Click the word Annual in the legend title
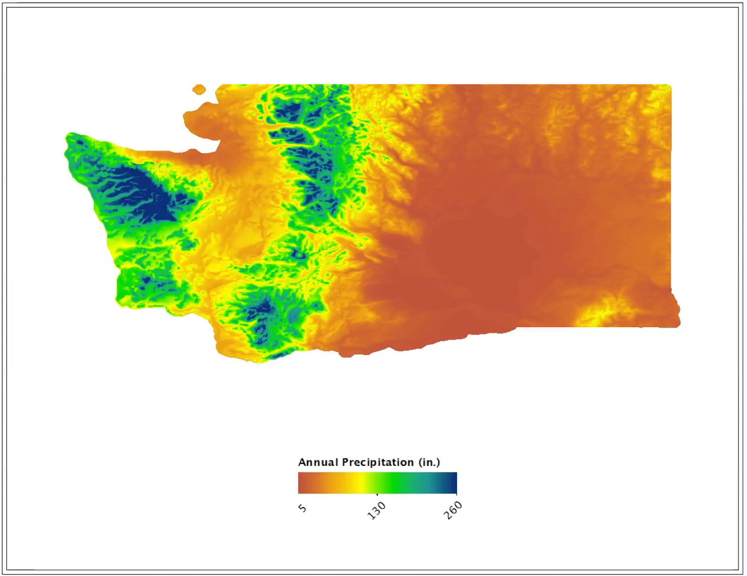pos(318,463)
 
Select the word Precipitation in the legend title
pos(378,463)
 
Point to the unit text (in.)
pos(429,463)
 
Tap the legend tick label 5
pos(303,508)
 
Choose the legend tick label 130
pos(376,510)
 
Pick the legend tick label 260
pos(452,510)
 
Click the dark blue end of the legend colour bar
pos(453,483)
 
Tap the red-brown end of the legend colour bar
pos(302,483)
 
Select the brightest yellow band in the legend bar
pos(360,483)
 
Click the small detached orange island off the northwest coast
pos(199,89)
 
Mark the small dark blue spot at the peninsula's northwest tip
pos(79,141)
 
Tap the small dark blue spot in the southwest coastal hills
pos(146,280)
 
